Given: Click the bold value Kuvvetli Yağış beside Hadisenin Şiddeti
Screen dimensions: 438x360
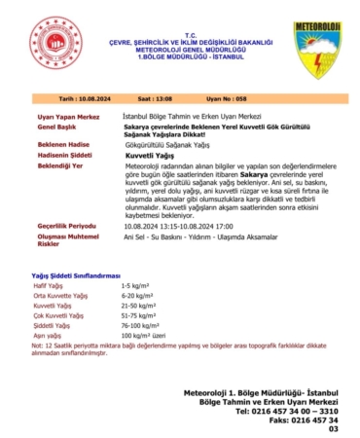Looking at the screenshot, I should click(x=149, y=156).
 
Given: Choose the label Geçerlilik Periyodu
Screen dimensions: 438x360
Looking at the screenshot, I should click(x=65, y=223).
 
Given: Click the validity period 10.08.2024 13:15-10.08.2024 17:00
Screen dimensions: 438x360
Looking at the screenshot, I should click(x=186, y=223).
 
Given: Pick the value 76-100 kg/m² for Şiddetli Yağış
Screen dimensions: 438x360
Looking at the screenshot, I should click(x=141, y=326).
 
